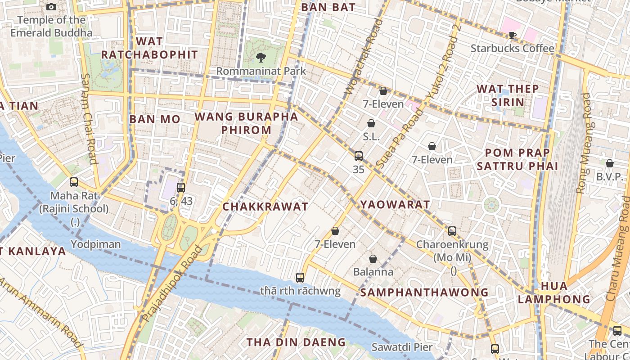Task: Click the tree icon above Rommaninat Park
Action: (261, 57)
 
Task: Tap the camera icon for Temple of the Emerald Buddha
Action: (51, 7)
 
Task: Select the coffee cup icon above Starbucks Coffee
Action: (512, 35)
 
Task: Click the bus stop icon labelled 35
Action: (359, 156)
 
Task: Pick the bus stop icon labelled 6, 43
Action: (181, 188)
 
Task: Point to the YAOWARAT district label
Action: (395, 205)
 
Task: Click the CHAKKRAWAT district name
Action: (265, 207)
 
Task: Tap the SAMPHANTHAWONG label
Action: (424, 292)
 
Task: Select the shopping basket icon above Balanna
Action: (373, 259)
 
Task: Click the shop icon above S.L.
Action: (371, 123)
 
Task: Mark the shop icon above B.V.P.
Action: (610, 163)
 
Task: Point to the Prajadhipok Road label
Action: (172, 283)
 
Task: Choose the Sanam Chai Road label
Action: (89, 118)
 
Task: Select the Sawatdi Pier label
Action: (402, 347)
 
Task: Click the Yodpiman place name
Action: (96, 244)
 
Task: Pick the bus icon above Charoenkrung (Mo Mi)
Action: (452, 231)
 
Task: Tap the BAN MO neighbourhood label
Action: (155, 119)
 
